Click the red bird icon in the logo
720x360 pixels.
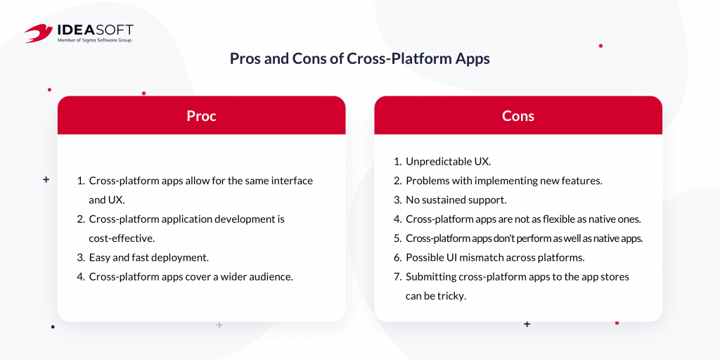39,33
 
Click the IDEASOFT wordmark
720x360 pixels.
95,31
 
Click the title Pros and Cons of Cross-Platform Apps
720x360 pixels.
360,59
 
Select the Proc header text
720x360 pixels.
201,116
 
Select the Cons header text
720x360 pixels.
518,116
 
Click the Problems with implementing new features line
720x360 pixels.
503,181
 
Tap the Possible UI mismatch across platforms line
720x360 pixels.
495,257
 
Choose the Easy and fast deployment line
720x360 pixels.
149,257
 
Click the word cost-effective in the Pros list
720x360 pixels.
122,239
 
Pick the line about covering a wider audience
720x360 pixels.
191,277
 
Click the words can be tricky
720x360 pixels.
436,296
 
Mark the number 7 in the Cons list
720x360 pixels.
398,277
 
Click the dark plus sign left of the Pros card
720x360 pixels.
46,180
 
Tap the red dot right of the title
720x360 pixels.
600,46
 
